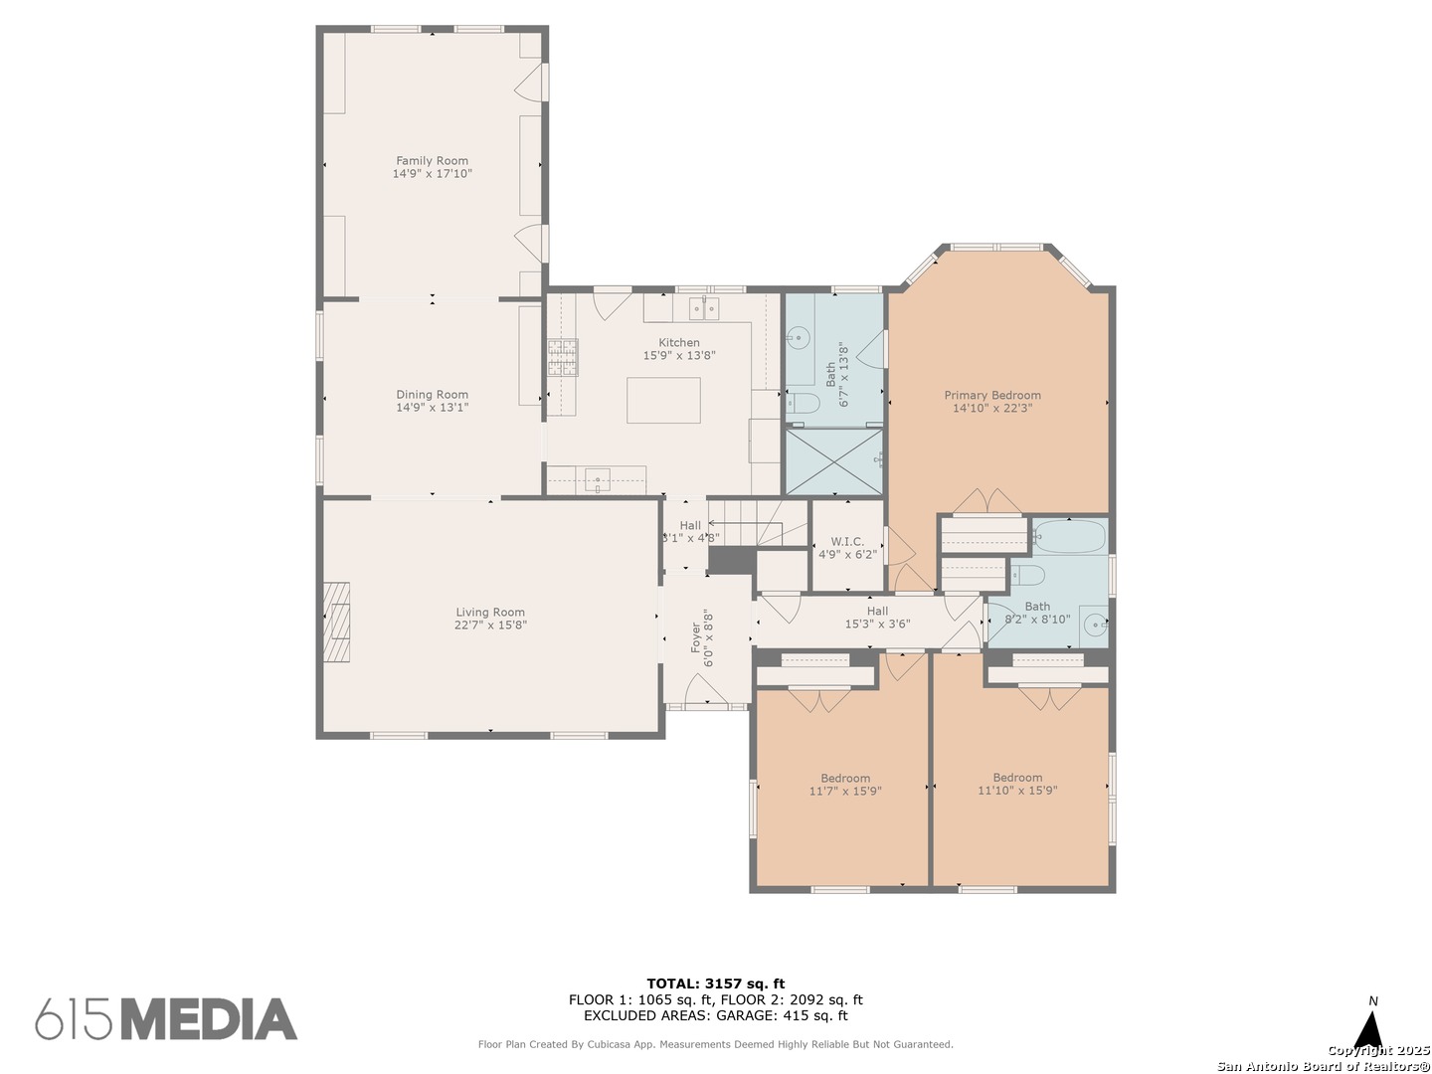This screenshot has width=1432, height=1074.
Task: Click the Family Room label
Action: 432,160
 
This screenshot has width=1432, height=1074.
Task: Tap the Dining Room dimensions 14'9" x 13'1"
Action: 432,408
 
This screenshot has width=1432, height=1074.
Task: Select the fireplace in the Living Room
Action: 337,622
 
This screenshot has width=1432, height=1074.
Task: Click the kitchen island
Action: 663,400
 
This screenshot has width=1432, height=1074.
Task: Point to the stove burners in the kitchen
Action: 563,357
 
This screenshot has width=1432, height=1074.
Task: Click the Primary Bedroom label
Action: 992,395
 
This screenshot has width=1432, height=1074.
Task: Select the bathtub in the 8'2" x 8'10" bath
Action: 1069,538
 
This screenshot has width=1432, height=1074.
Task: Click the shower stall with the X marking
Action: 833,460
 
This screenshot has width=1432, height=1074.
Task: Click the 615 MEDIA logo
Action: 166,1019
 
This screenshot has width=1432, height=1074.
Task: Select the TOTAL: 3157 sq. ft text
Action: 715,984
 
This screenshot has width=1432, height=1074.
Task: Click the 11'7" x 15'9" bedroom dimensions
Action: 845,792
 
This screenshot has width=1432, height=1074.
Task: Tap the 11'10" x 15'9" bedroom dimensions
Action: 1017,791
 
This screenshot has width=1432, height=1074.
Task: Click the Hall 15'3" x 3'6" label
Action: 877,618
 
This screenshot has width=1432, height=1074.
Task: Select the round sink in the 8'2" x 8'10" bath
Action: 1093,626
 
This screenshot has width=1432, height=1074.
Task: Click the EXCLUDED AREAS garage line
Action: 715,1015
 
